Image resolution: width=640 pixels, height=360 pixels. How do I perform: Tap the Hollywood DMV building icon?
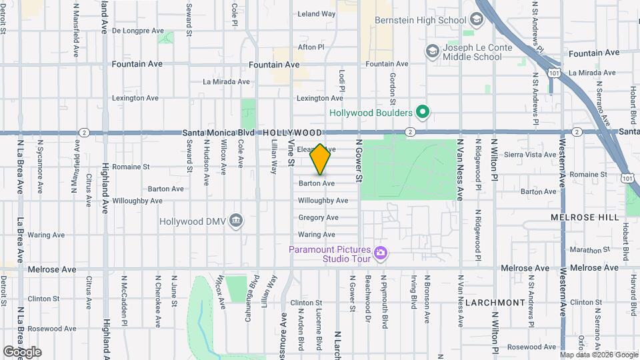(235, 221)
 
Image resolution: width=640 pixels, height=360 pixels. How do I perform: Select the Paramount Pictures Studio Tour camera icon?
(381, 253)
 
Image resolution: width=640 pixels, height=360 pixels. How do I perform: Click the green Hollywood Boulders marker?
(421, 113)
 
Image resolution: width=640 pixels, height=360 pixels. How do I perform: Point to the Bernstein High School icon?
(477, 19)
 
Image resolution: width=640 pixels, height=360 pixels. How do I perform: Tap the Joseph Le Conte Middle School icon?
(432, 51)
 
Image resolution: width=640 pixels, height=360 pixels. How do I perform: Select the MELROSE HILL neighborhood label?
(577, 218)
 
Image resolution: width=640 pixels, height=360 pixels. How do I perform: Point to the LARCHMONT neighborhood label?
(495, 302)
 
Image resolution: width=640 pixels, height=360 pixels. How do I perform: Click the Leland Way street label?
(316, 13)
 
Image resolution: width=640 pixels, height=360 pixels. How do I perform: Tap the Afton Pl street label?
(311, 47)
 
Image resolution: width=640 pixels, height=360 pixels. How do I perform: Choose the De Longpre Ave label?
(138, 31)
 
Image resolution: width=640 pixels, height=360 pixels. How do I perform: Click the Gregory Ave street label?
(318, 217)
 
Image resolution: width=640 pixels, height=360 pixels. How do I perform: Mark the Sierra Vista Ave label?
(531, 154)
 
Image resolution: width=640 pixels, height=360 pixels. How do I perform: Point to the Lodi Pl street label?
(341, 81)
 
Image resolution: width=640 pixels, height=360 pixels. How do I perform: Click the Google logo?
(22, 352)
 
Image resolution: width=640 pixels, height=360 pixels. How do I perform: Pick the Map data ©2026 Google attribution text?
(599, 355)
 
